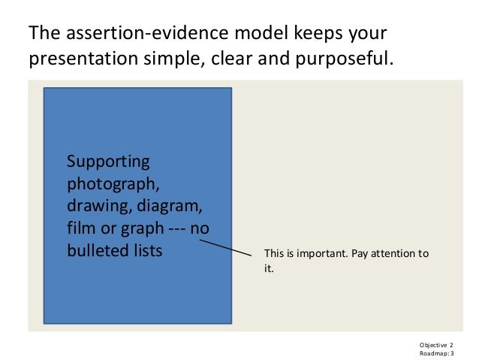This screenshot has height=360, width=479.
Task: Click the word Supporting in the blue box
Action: pyautogui.click(x=108, y=162)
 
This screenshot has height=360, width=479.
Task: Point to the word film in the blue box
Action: pyautogui.click(x=80, y=228)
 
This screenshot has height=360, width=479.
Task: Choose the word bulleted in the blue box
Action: pyautogui.click(x=97, y=250)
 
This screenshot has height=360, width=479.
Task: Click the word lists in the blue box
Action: pyautogui.click(x=146, y=250)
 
